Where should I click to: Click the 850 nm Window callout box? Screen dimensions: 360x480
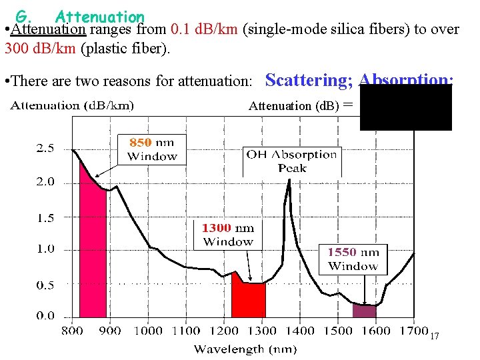click(151, 149)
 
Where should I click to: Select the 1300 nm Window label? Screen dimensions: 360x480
click(228, 235)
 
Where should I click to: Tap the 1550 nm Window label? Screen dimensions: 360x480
click(353, 259)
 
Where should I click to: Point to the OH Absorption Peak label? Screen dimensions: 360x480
click(291, 161)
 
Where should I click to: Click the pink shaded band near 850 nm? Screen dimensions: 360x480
click(93, 253)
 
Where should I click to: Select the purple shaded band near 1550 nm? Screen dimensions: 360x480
click(364, 310)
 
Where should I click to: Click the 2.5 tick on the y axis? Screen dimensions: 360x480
click(45, 149)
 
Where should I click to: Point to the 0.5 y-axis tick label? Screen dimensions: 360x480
click(45, 285)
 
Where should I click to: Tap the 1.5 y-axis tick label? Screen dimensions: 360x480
click(45, 217)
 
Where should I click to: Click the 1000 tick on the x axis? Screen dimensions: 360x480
click(148, 331)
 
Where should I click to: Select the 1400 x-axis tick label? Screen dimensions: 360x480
click(301, 331)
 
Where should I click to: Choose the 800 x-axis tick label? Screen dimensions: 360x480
click(73, 331)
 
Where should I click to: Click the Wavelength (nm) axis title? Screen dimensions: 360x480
click(245, 349)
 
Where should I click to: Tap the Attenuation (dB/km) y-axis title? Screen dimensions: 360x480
click(72, 105)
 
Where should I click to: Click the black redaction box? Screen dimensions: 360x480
click(405, 108)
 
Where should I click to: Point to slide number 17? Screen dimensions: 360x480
click(434, 337)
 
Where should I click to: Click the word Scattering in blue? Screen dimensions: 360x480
click(309, 81)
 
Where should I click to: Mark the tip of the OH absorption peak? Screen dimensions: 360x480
click(288, 181)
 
